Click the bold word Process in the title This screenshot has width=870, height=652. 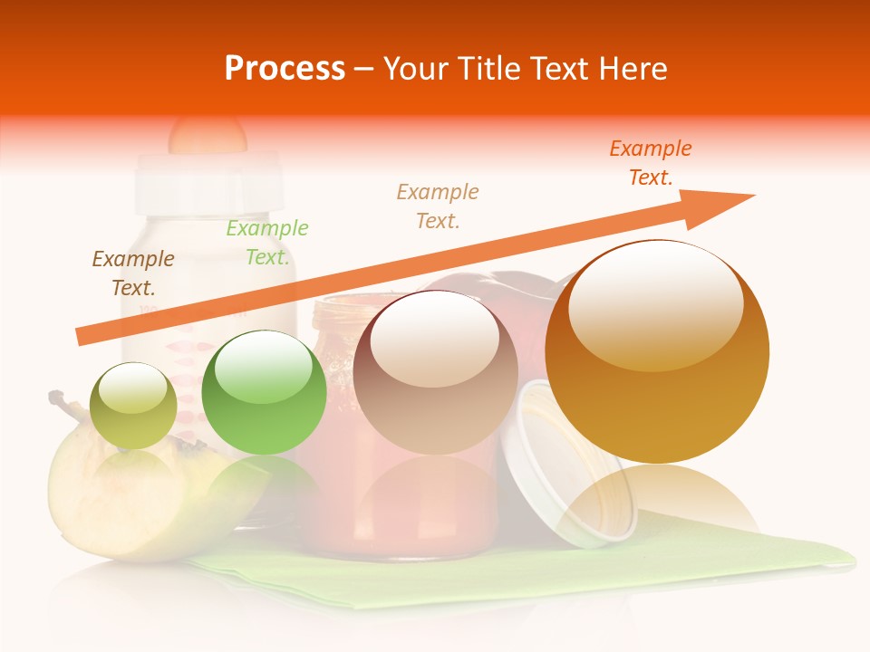tap(285, 69)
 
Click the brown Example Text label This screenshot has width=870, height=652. tap(133, 273)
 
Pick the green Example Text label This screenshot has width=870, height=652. tap(267, 242)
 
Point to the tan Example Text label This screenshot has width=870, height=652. tap(438, 206)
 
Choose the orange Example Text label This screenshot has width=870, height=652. tap(651, 162)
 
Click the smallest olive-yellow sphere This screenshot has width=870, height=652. tap(133, 406)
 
